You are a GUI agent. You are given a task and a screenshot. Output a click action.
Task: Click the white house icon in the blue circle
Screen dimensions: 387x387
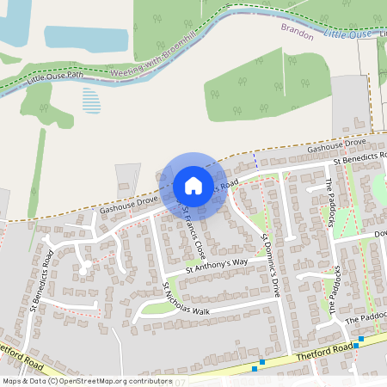tap(193, 186)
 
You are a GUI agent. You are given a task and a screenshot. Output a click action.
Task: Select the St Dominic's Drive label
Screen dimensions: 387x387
tap(271, 259)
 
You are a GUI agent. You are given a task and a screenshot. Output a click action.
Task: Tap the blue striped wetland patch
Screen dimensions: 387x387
tap(91, 101)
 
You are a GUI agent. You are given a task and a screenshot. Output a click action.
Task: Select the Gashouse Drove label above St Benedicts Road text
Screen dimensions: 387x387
tap(336, 145)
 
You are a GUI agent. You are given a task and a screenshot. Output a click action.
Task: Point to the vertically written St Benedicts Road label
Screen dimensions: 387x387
tap(42, 279)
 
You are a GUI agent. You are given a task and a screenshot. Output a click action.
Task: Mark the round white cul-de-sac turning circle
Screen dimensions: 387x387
tap(83, 269)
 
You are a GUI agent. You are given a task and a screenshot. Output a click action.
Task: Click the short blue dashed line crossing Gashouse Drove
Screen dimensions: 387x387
tap(255, 161)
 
